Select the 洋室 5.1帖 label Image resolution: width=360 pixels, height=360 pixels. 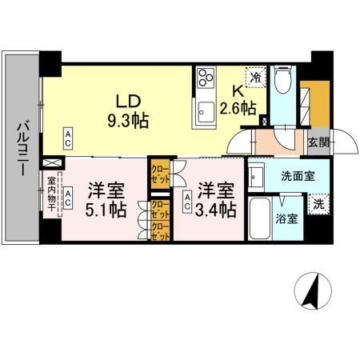(106, 201)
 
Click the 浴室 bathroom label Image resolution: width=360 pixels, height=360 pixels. (287, 218)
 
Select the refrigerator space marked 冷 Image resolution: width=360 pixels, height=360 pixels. (255, 77)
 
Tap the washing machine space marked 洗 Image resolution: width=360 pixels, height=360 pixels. (318, 203)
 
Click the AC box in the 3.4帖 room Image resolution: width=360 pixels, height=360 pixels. (187, 201)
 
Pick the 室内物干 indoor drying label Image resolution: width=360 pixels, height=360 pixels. (51, 195)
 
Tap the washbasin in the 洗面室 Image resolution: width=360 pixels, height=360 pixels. (257, 174)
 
